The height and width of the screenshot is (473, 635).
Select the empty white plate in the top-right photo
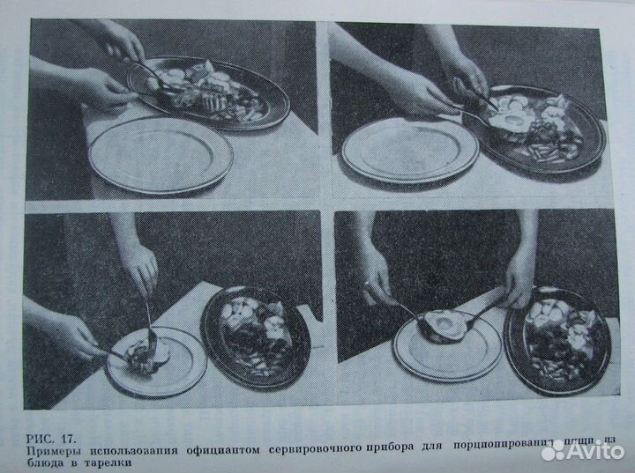409,151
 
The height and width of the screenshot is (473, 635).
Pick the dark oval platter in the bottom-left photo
256,336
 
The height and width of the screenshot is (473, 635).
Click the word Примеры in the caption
54,451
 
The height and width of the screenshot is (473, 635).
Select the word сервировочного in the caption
321,451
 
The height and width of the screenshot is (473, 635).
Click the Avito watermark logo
581,451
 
